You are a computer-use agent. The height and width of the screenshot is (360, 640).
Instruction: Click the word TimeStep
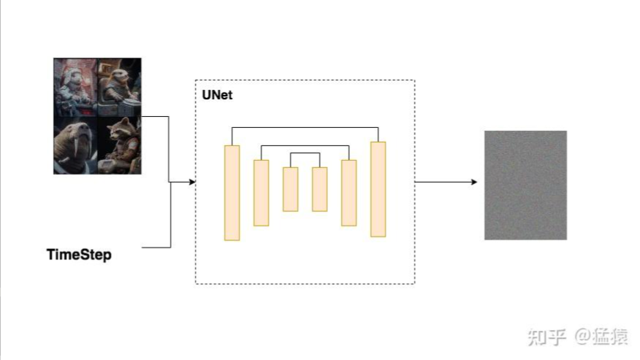(x=79, y=255)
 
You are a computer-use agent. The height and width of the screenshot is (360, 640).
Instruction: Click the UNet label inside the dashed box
(x=217, y=95)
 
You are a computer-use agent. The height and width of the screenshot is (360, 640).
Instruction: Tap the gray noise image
(x=525, y=185)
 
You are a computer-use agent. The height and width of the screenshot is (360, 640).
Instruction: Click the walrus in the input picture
(x=75, y=146)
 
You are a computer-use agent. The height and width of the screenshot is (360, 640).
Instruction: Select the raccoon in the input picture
(x=120, y=145)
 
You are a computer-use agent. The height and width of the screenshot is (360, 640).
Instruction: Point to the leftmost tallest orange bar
(x=232, y=193)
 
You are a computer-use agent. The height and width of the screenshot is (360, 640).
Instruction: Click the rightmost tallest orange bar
(x=378, y=189)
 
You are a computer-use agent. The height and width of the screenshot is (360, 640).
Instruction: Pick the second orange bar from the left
(x=261, y=193)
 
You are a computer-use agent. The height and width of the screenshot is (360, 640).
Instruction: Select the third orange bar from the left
(x=290, y=189)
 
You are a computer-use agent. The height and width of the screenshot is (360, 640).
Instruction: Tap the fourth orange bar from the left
(x=319, y=189)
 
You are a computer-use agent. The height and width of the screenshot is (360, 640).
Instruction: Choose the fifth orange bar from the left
(x=348, y=193)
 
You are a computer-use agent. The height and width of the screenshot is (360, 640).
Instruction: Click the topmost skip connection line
(x=305, y=128)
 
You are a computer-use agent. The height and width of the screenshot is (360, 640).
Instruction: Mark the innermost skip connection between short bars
(x=305, y=153)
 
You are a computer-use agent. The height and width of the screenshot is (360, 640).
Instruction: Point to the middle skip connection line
(x=305, y=145)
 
